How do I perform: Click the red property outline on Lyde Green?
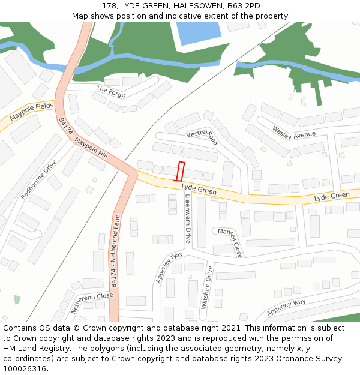(179, 171)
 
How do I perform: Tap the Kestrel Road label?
(202, 136)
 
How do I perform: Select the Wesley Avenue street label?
(293, 133)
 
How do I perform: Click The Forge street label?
(110, 91)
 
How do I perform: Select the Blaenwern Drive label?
(188, 218)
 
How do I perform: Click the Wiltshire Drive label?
(206, 287)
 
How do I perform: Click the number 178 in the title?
(109, 6)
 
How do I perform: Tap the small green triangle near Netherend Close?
(17, 299)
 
